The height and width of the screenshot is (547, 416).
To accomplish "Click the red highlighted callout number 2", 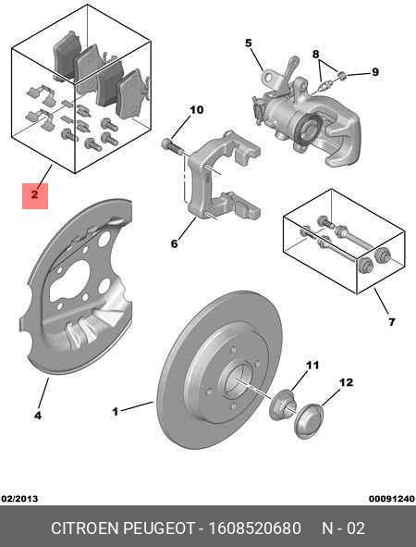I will pos(34,194).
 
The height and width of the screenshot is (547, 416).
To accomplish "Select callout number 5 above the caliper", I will pos(248,43).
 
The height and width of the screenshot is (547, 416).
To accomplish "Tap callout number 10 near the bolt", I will pos(196,110).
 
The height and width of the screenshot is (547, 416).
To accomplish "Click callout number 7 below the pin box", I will pos(391,322).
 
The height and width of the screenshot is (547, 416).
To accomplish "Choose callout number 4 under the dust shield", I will pos(38,416).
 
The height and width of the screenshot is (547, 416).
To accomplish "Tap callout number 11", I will pos(312,366).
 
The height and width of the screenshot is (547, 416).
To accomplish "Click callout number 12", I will pos(347,382).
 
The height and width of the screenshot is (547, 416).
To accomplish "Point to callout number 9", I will pos(375,72).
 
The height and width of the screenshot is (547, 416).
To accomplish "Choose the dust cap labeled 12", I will pos(310,420).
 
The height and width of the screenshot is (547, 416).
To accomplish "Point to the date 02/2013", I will pos(19,498).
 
